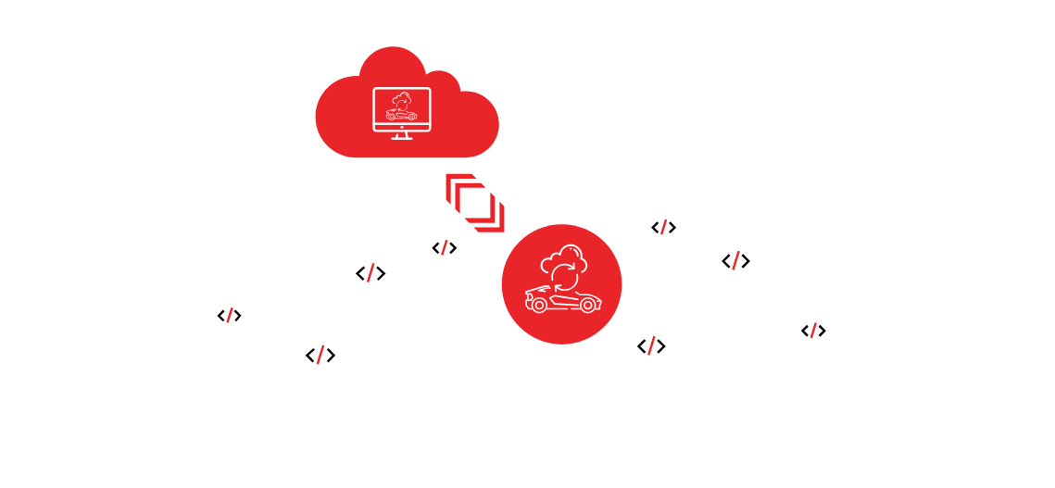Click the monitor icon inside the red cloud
point(401,110)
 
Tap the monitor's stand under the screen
point(401,136)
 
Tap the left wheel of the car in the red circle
point(538,305)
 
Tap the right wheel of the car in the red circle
point(586,305)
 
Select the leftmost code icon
point(230,316)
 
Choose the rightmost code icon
point(813,331)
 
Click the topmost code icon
point(663,228)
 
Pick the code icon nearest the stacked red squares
point(445,248)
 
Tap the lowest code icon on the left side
point(320,356)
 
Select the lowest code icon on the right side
point(651,346)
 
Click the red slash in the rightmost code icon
point(813,331)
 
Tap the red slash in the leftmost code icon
point(230,316)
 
